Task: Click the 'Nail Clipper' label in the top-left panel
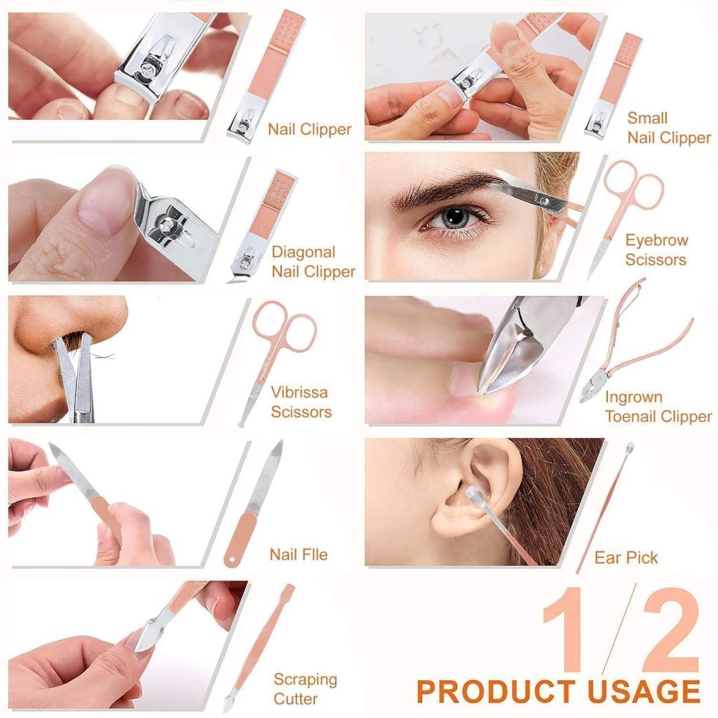click(309, 129)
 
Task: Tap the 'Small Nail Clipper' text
click(668, 128)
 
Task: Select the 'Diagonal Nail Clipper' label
click(313, 262)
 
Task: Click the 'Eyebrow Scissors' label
click(656, 250)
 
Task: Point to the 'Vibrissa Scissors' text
click(300, 402)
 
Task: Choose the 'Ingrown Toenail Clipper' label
click(658, 407)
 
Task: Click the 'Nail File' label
click(298, 555)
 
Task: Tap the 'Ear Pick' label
click(625, 557)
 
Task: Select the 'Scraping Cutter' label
click(305, 689)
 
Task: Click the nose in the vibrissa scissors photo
click(63, 323)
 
